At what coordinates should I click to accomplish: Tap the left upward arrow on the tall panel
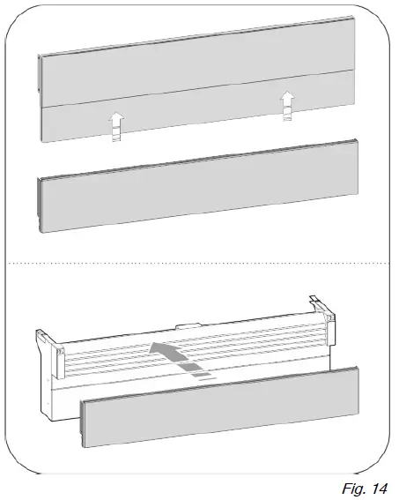coord(115,125)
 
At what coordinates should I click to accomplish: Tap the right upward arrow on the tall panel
coord(285,104)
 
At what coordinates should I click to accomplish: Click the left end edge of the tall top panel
coord(41,97)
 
